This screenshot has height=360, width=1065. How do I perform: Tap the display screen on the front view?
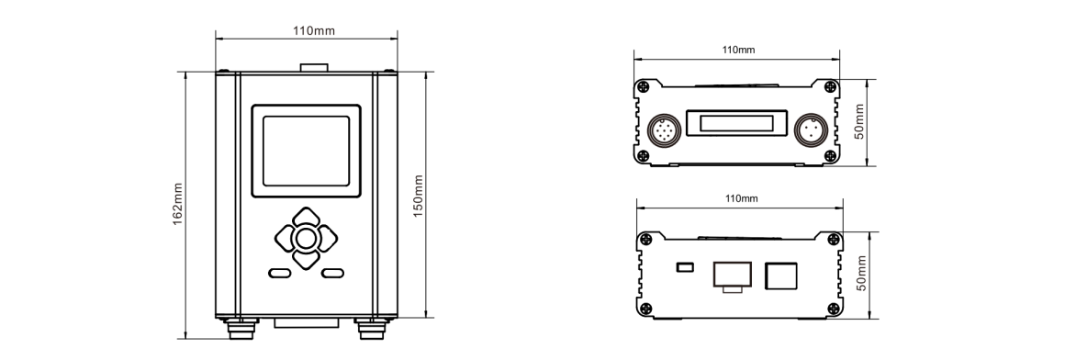tap(306, 150)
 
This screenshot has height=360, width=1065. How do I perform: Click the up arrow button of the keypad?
tap(306, 218)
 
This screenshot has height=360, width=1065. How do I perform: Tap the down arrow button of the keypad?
tap(306, 261)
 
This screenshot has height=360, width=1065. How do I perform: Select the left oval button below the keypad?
tap(280, 273)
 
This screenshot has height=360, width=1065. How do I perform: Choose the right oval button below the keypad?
tap(332, 273)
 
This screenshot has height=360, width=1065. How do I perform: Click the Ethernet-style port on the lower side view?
tap(732, 274)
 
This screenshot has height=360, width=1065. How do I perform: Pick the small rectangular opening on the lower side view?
tap(683, 267)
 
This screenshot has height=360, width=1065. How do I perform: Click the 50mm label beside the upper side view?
tap(859, 121)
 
